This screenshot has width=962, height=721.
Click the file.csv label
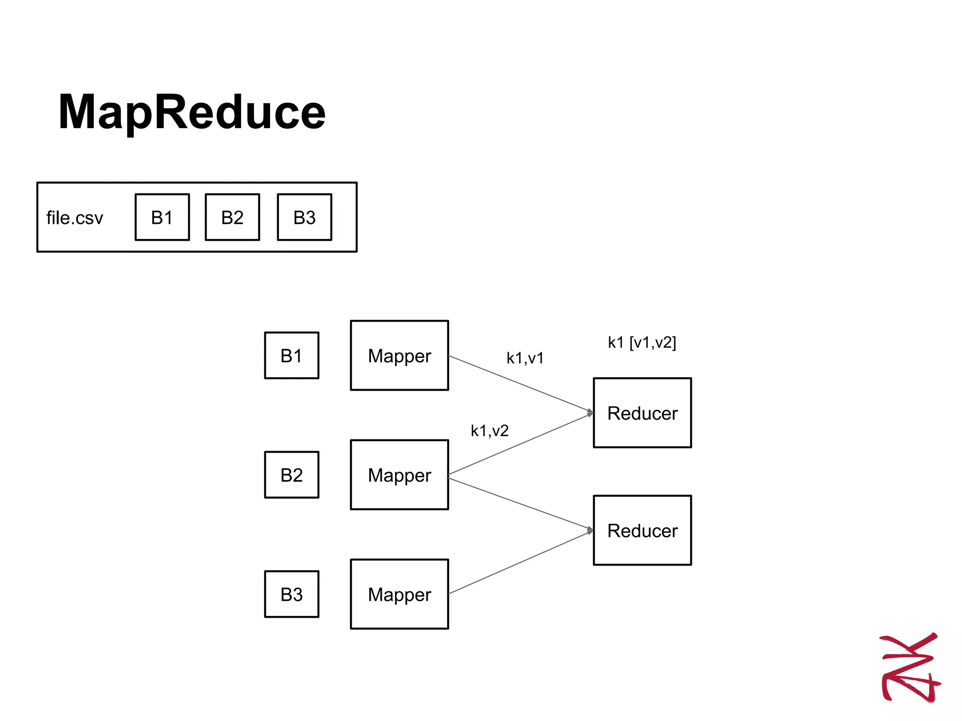point(74,218)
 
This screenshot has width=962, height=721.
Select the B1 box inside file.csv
point(162,217)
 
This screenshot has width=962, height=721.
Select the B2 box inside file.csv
point(232,217)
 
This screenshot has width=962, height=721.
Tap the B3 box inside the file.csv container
point(304,217)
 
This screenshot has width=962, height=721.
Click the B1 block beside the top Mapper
point(291,355)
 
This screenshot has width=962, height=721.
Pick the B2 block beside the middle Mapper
point(291,475)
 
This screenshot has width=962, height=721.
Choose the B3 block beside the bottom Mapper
point(291,594)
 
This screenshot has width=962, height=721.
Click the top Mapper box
point(399,355)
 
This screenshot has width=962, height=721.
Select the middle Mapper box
point(399,475)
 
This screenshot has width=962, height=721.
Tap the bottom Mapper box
point(399,594)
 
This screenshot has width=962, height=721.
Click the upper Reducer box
point(642,413)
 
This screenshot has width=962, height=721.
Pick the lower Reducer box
point(642,530)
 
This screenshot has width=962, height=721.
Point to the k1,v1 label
point(525,358)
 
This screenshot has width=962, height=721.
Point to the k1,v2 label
point(489,430)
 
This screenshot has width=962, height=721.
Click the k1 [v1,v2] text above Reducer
point(642,342)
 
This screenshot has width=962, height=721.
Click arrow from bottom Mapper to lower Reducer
point(519,562)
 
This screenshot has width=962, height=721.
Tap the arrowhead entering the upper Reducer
point(590,413)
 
